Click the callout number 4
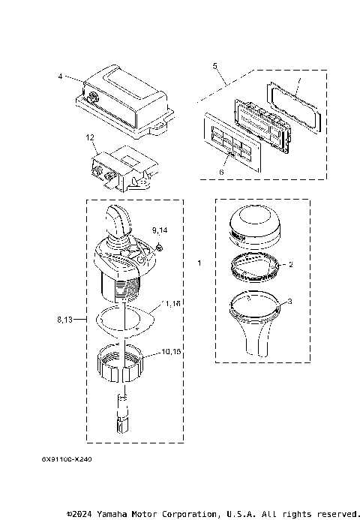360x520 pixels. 60,77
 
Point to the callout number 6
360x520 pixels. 221,172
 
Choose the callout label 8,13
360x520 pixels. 65,320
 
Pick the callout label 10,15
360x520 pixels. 172,351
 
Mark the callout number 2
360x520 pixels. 291,264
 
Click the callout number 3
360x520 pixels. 291,302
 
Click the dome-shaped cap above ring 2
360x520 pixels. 251,224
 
